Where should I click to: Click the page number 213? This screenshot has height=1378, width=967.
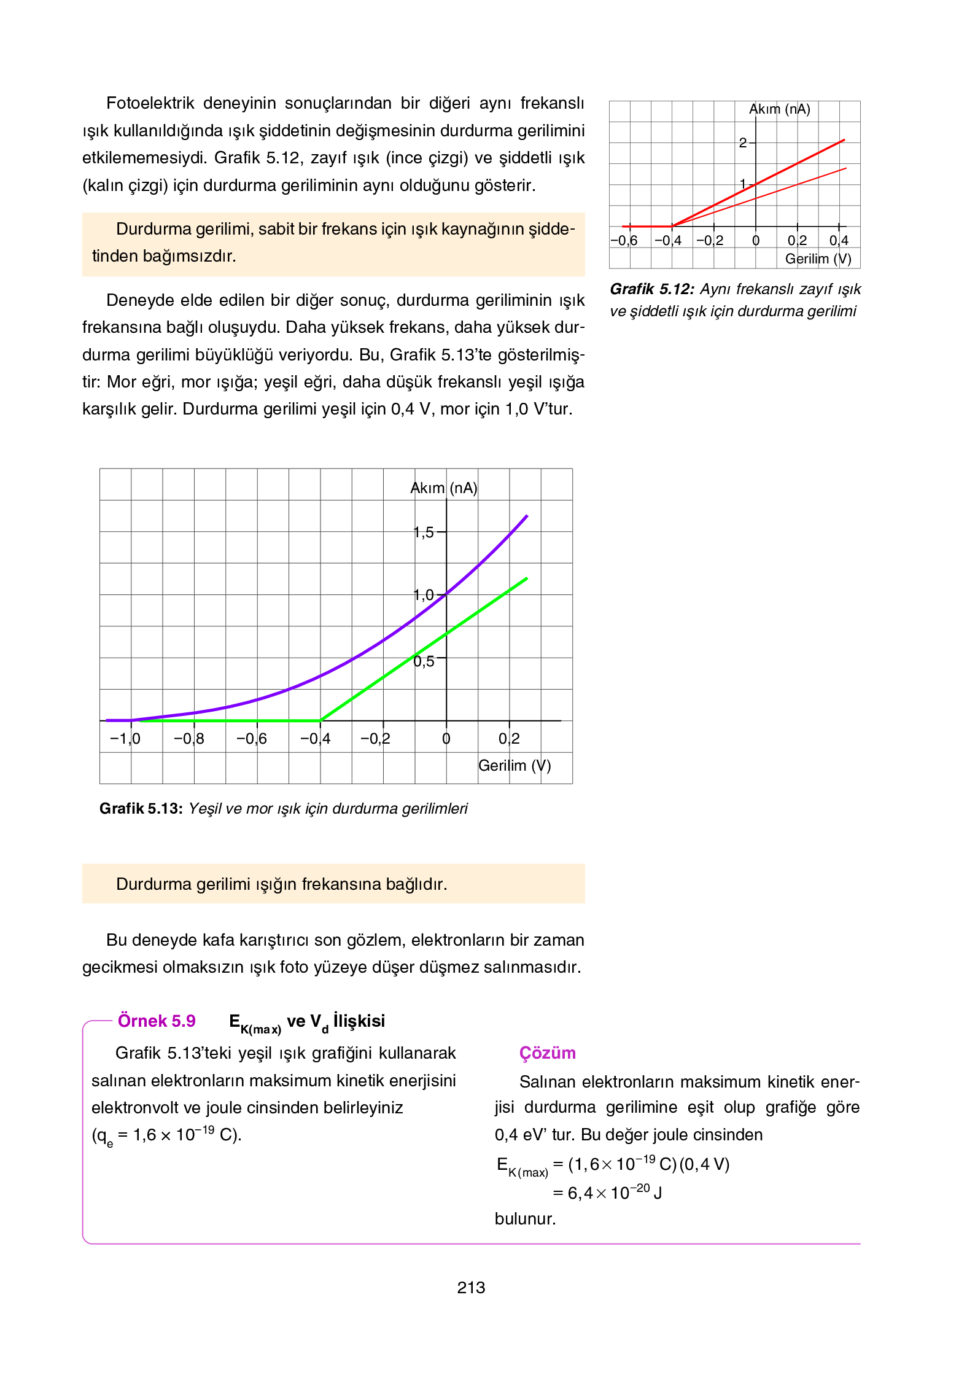pos(471,1288)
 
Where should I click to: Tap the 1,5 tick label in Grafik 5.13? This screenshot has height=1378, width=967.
pos(424,532)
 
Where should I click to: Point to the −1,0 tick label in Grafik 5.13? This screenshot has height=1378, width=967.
pos(125,739)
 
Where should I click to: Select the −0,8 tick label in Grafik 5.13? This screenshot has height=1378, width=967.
pos(188,739)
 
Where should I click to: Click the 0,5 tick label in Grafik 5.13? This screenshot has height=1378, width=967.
pos(424,662)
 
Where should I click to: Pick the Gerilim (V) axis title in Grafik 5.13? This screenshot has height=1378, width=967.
pos(515,766)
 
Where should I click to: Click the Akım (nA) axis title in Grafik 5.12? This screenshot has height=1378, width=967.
pos(779,109)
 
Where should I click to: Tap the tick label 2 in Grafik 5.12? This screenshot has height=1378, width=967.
pos(743,143)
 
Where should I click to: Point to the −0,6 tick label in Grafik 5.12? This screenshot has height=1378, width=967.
pos(624,241)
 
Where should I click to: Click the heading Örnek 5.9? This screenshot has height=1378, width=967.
pos(157,1021)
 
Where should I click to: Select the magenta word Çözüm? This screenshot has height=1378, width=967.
pos(547,1053)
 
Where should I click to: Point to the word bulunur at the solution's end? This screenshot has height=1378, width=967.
pos(525,1219)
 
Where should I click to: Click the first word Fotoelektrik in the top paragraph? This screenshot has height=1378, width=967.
pos(150,103)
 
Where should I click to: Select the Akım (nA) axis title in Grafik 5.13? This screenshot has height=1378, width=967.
pos(443,488)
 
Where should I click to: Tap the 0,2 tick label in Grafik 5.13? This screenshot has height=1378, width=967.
pos(509,739)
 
